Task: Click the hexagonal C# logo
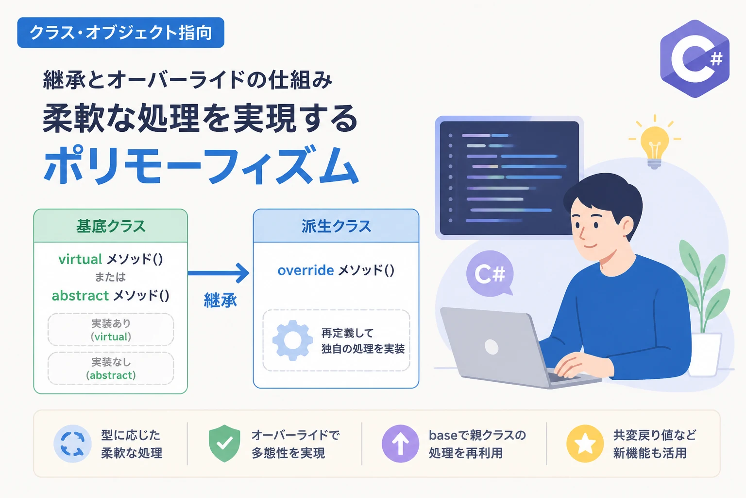click(x=695, y=59)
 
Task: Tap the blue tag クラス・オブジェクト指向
click(x=121, y=33)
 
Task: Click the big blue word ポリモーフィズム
click(x=201, y=165)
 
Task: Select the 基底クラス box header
click(x=111, y=226)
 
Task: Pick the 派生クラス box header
click(x=336, y=226)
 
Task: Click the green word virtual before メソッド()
click(x=80, y=259)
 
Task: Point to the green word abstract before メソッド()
click(x=80, y=296)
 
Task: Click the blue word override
click(x=305, y=270)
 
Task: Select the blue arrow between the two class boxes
click(x=219, y=273)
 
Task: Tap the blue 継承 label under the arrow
click(x=220, y=300)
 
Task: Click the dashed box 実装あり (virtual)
click(x=111, y=330)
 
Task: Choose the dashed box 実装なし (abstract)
click(x=111, y=368)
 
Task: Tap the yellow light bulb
click(x=654, y=143)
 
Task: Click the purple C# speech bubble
click(x=490, y=273)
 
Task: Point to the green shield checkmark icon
click(x=224, y=444)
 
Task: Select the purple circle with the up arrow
click(x=400, y=444)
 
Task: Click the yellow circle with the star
click(x=585, y=444)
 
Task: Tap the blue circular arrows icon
click(x=72, y=444)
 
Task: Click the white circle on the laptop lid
click(x=492, y=347)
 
